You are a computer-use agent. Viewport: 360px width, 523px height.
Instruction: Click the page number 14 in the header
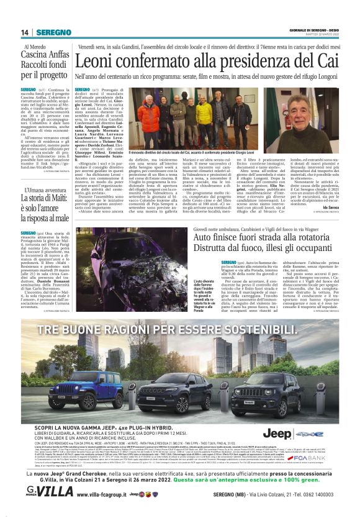(25, 32)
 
